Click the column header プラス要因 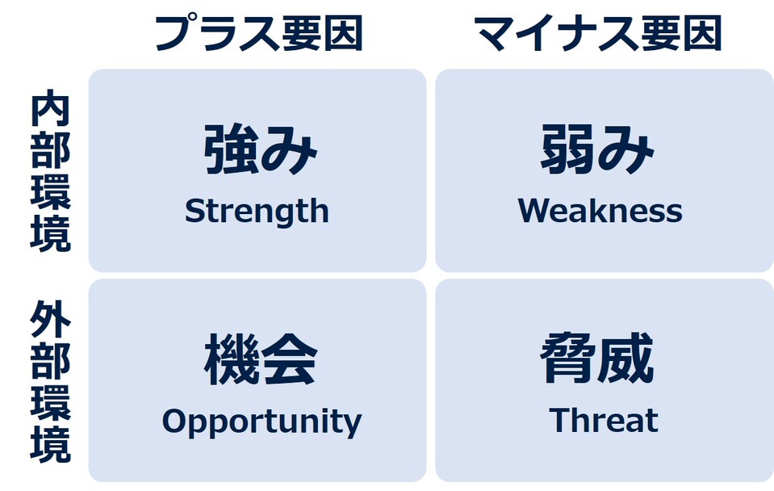click(258, 33)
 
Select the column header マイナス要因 click(598, 33)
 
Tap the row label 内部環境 click(50, 173)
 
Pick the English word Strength click(257, 212)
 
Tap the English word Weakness click(600, 212)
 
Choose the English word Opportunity click(261, 422)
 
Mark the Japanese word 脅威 click(597, 360)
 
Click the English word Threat click(604, 421)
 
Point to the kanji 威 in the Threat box click(626, 360)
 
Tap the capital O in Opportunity click(175, 421)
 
